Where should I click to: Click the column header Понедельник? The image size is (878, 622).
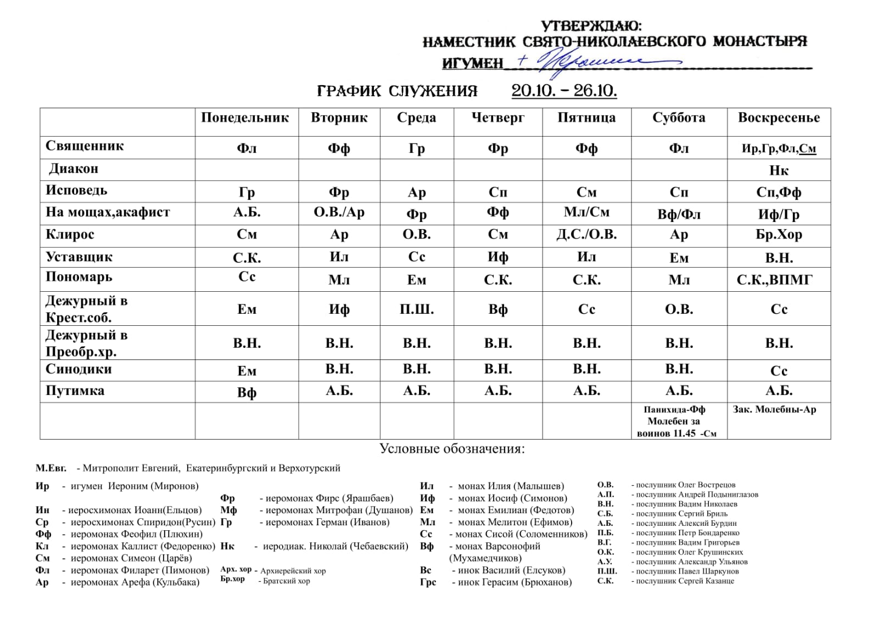pos(245,118)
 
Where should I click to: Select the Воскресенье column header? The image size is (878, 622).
pos(779,118)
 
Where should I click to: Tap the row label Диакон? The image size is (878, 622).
pos(74,169)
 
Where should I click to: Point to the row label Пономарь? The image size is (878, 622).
pos(79,277)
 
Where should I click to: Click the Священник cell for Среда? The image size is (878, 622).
pos(417,148)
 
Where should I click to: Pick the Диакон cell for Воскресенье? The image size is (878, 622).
pos(779,170)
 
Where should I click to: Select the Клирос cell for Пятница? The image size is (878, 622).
pos(586,235)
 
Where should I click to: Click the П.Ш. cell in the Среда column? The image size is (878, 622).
pos(417,309)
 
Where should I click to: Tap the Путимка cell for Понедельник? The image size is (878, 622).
pos(247,392)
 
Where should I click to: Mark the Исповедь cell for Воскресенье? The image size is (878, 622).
pos(779,192)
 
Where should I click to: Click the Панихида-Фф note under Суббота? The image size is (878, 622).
pos(675,409)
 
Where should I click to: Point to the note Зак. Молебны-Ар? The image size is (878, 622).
pos(774,409)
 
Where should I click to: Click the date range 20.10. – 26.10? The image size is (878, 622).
pos(564,91)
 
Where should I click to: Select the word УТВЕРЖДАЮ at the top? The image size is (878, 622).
pos(591,26)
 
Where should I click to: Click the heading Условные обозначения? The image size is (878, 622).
pos(452,449)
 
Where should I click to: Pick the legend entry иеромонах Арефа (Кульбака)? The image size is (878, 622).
pos(135,582)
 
